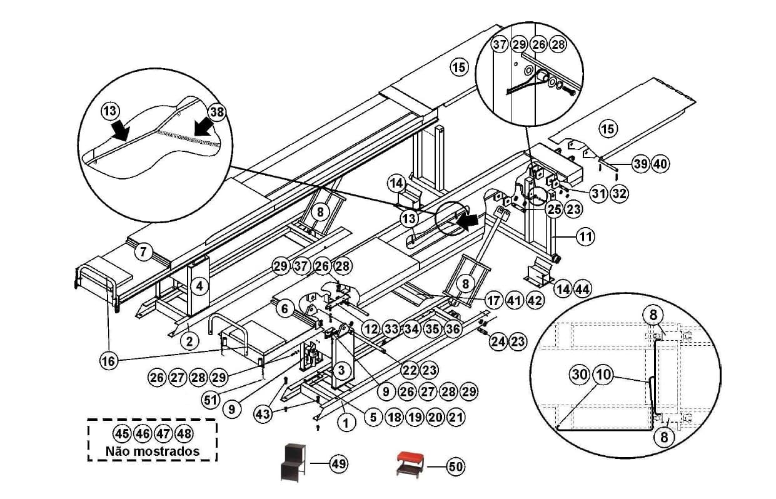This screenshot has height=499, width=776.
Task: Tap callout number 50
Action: tap(455, 466)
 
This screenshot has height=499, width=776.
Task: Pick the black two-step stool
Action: tap(293, 460)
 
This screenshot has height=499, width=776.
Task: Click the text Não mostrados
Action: tap(153, 451)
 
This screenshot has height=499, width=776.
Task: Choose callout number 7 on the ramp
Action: tap(143, 252)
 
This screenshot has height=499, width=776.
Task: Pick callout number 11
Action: tap(585, 237)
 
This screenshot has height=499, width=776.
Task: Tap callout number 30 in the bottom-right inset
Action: tap(579, 375)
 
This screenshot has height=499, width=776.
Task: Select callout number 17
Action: tap(494, 301)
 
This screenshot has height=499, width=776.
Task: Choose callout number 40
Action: tap(660, 164)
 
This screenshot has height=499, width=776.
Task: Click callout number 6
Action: tap(284, 308)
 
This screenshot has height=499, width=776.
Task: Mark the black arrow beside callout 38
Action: tap(201, 127)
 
